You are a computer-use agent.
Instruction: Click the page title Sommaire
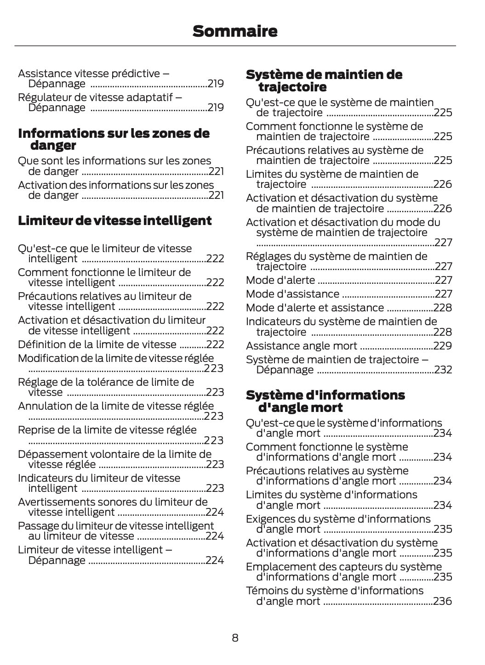(235, 31)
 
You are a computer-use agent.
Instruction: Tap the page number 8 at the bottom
(235, 637)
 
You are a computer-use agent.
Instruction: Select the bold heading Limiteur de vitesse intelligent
(114, 221)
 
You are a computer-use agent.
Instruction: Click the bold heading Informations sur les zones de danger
(114, 139)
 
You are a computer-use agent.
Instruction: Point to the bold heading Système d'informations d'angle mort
(325, 401)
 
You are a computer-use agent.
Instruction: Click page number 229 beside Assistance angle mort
(443, 346)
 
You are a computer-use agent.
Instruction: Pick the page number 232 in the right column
(443, 370)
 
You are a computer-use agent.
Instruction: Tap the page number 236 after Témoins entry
(443, 601)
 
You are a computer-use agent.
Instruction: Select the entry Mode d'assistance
(292, 294)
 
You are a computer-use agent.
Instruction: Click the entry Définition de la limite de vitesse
(97, 344)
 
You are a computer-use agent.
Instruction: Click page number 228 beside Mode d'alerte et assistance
(443, 308)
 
